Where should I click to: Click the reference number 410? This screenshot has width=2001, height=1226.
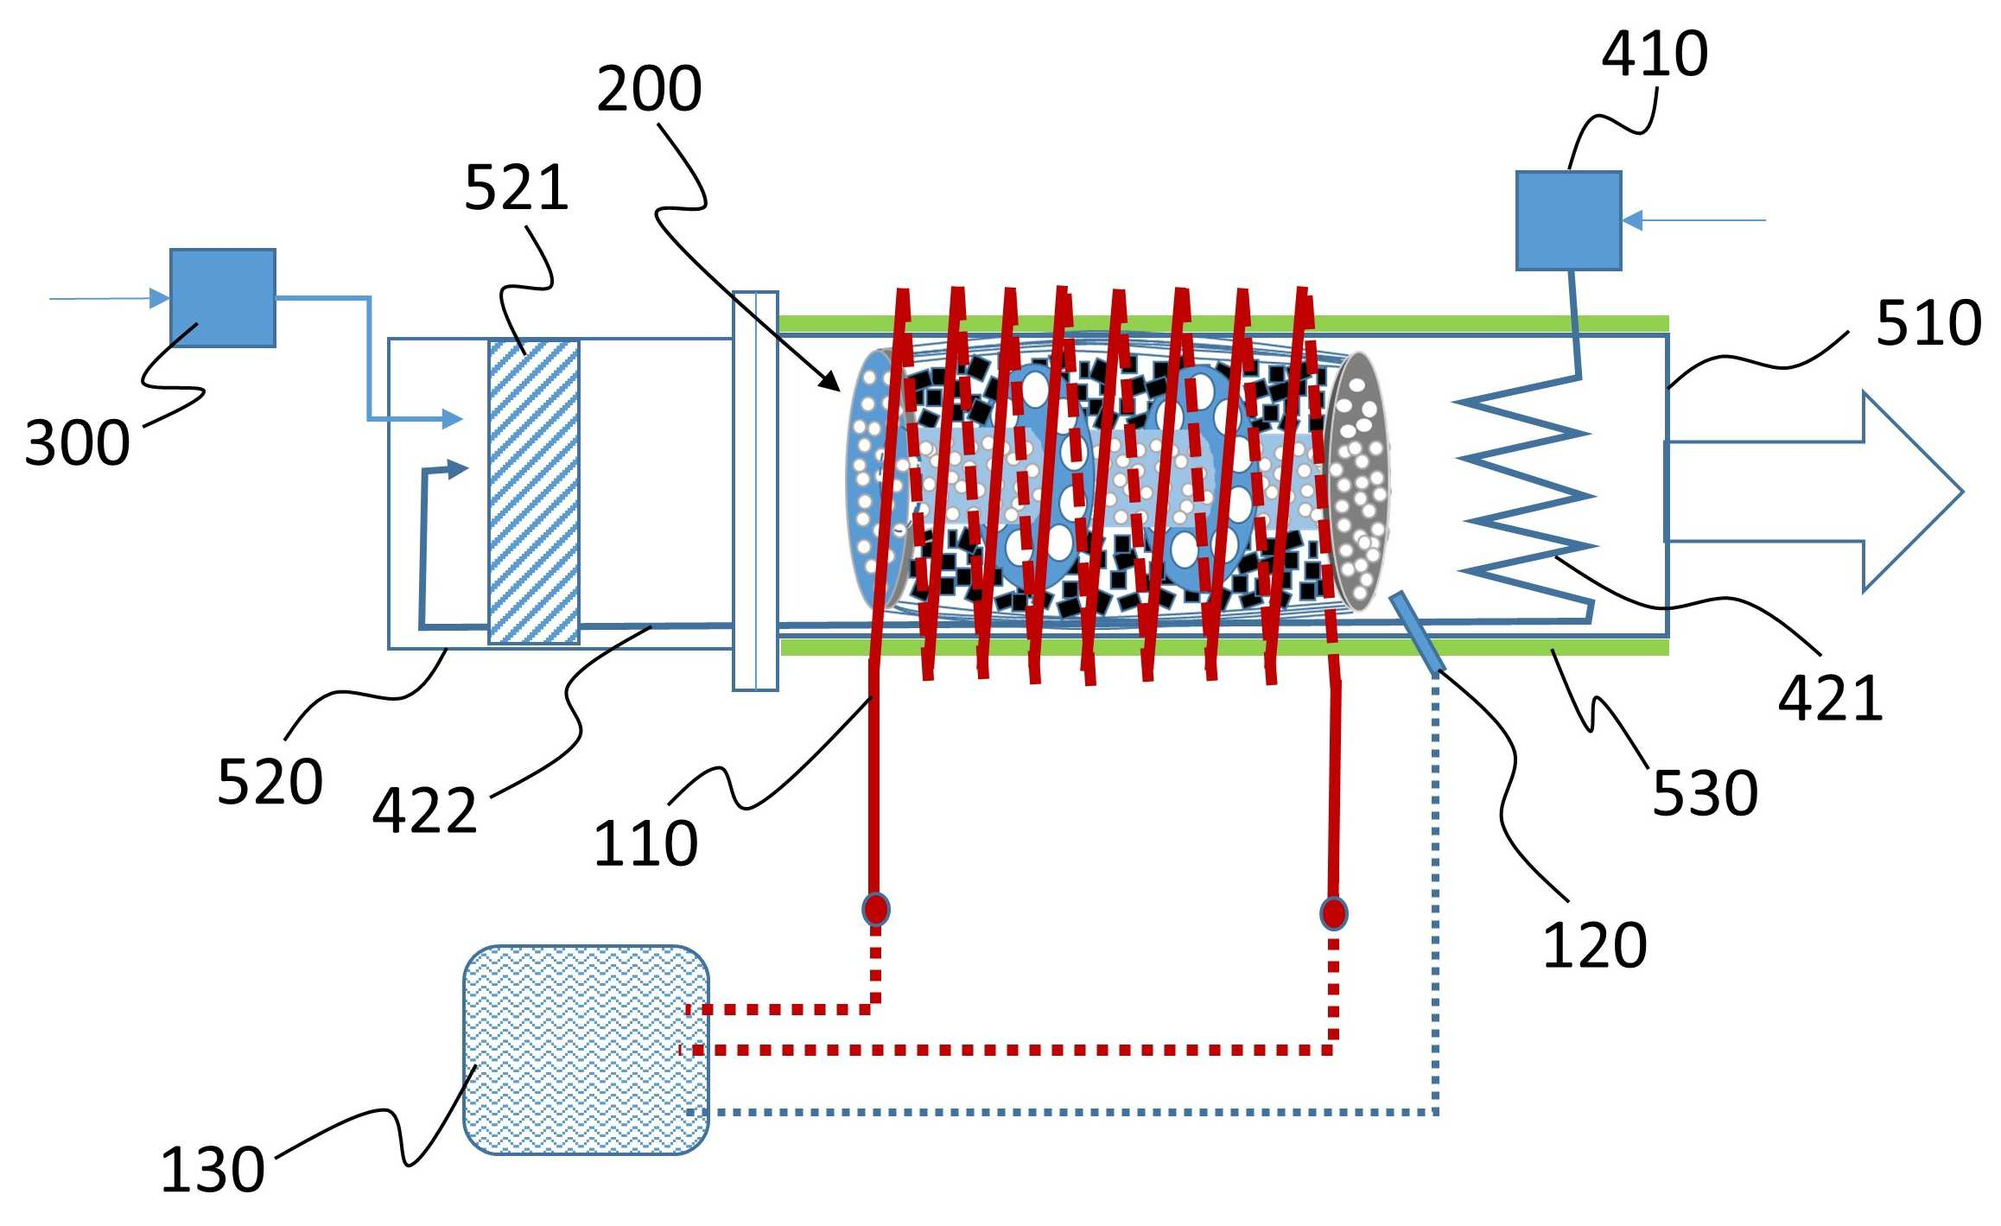[1655, 54]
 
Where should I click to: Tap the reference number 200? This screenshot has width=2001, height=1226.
[649, 89]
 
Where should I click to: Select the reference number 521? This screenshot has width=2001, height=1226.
[517, 188]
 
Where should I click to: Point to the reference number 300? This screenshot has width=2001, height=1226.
[78, 443]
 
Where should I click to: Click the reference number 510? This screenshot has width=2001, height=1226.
[1928, 324]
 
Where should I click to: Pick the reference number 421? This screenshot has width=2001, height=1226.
[1831, 698]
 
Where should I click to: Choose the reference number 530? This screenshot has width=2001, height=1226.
[1705, 793]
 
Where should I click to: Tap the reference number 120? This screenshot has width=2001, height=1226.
[1595, 946]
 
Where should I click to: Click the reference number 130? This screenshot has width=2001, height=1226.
[213, 1171]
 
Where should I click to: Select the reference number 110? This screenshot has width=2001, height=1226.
[645, 844]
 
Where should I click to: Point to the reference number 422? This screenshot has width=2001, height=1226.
[424, 811]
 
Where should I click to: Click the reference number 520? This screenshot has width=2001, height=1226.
[270, 782]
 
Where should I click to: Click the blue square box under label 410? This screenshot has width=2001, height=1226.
[1568, 220]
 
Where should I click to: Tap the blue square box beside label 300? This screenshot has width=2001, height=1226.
[223, 298]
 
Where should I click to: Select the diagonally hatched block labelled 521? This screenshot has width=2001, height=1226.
[534, 492]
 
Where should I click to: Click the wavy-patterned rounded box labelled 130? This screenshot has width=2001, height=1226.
[586, 1050]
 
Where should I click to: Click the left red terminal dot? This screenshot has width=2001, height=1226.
[875, 909]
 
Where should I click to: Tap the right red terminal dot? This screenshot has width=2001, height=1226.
[1333, 913]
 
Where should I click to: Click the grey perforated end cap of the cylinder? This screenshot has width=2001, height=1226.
[1358, 480]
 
